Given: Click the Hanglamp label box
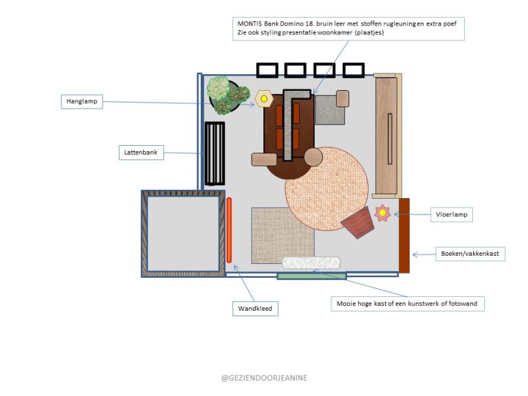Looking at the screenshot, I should [82, 102].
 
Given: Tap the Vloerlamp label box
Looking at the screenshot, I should [451, 215].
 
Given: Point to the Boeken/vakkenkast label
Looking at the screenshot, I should [470, 254].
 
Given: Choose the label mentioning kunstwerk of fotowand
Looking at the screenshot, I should [408, 303].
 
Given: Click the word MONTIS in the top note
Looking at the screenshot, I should [248, 23].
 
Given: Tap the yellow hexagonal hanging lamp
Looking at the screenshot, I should [263, 99].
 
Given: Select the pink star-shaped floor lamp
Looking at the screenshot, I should [382, 214].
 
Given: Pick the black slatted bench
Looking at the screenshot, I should [215, 153].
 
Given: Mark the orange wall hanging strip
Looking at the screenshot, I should [230, 230].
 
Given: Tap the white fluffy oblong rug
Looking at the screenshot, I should [311, 263].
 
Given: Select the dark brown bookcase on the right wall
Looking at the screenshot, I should [404, 235].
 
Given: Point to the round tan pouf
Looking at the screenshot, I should [313, 157].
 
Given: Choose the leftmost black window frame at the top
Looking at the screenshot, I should [267, 70].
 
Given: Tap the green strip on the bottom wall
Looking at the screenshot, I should [311, 276].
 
